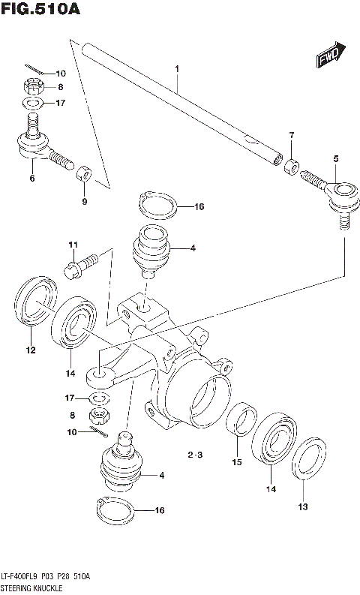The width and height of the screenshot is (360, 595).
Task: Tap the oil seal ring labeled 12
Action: point(30,302)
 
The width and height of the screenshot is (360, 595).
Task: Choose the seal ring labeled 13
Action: point(304,467)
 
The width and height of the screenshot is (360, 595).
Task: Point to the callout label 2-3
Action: point(194,455)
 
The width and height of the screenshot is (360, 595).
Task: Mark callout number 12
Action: point(30,350)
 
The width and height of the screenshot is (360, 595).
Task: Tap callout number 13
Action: point(303,506)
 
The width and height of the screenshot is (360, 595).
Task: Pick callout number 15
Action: point(236,463)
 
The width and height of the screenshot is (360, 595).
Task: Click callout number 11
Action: point(73,245)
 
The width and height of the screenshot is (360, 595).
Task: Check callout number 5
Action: point(335,158)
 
